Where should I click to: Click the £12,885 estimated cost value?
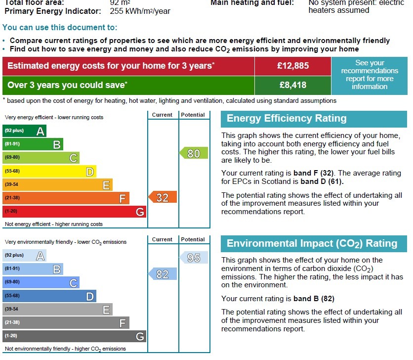[292, 66]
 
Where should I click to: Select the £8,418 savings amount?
[292, 85]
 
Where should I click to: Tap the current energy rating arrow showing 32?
[163, 198]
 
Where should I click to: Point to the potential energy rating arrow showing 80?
[193, 153]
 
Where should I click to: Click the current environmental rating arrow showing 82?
[163, 274]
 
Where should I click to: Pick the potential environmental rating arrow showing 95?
[193, 258]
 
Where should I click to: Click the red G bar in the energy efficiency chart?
[74, 212]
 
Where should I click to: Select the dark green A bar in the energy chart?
[25, 131]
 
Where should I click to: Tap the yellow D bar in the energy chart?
[49, 172]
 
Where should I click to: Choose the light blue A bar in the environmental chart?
[25, 256]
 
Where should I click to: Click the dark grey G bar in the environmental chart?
[74, 336]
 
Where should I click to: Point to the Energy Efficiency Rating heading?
[287, 119]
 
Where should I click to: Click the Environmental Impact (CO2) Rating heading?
[312, 243]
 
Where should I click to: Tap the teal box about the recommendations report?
[370, 75]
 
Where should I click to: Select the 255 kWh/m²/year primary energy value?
[140, 11]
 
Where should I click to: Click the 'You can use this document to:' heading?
[60, 28]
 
